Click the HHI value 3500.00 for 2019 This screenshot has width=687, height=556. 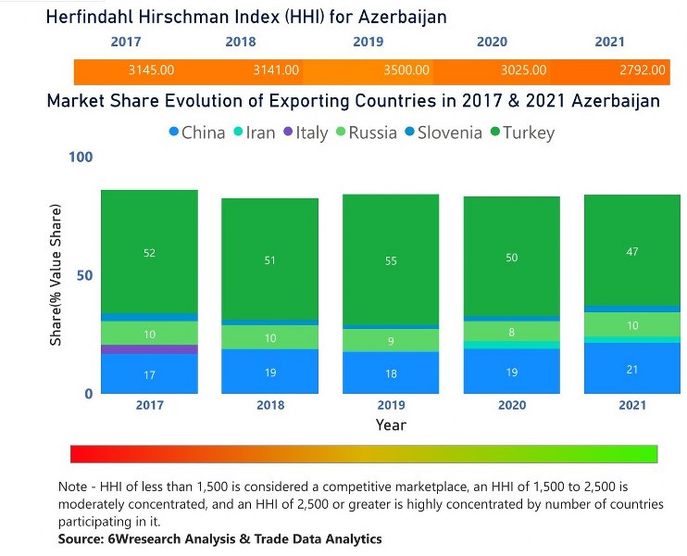tap(408, 69)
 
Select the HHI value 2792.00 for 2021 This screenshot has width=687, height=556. tap(643, 69)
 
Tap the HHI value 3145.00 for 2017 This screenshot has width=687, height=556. tap(152, 69)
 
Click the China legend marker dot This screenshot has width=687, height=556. tap(173, 133)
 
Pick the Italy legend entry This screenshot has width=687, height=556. tap(305, 133)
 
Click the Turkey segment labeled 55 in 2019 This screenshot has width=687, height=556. tap(390, 260)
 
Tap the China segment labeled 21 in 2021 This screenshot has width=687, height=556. tap(631, 369)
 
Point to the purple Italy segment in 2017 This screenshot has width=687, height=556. tap(149, 349)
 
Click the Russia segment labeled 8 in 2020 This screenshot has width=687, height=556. tap(511, 331)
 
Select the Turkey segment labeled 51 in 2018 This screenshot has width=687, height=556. tap(269, 260)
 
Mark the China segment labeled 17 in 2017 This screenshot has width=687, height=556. tap(149, 374)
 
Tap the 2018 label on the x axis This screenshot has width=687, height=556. tap(269, 406)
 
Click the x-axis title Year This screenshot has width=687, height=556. tap(390, 425)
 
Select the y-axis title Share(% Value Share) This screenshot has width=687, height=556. tap(56, 275)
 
